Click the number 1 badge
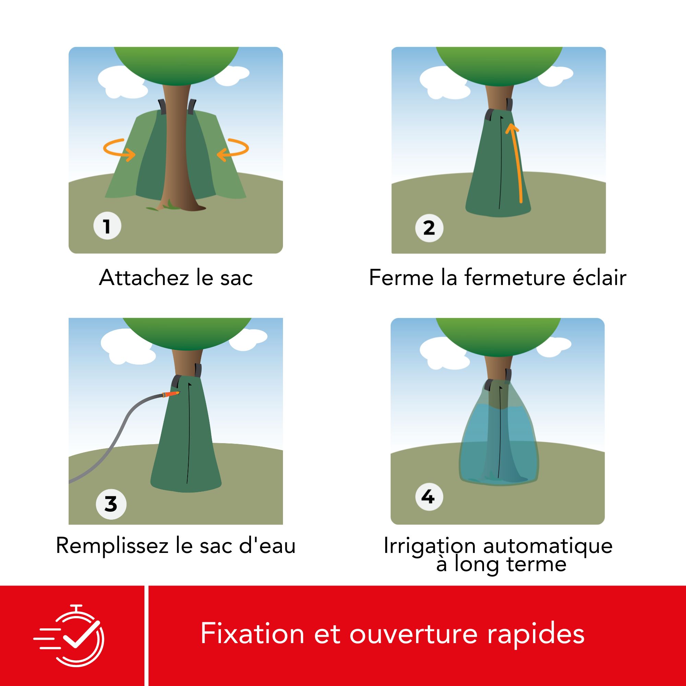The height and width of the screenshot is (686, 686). point(107,226)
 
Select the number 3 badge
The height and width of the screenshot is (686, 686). point(111,504)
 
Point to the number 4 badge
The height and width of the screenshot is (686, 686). point(429,497)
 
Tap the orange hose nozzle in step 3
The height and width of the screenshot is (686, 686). point(171,394)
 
